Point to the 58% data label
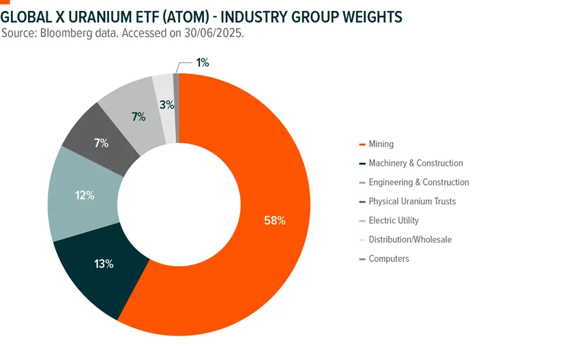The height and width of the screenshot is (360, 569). pos(274,220)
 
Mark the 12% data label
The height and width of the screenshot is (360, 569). pos(85,195)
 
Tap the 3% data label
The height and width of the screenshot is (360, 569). pos(166,105)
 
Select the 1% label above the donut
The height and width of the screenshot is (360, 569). pos(202,63)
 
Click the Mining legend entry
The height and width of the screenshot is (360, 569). pos(381,144)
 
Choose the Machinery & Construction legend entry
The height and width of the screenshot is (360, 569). pos(415,163)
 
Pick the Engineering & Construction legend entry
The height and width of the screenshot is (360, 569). pos(418,182)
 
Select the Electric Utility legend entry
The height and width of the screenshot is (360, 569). pos(394,220)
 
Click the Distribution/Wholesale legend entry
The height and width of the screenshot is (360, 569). pos(410,239)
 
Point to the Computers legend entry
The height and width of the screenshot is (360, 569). pos(389,258)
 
